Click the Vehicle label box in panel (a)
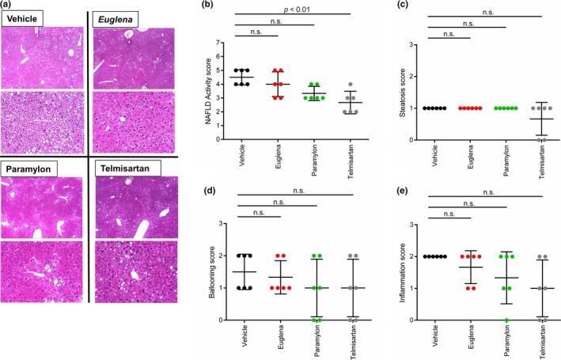click(24, 17)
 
